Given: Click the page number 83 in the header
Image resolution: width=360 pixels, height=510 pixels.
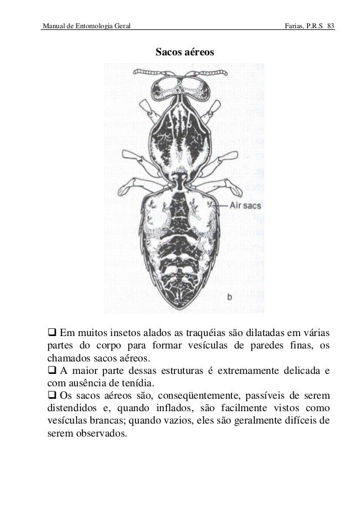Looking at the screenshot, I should [x=330, y=27].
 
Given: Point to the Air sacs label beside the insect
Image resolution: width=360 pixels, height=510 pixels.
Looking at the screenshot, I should [x=244, y=206].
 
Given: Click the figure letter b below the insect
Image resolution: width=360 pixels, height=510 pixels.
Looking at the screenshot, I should [x=229, y=295].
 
